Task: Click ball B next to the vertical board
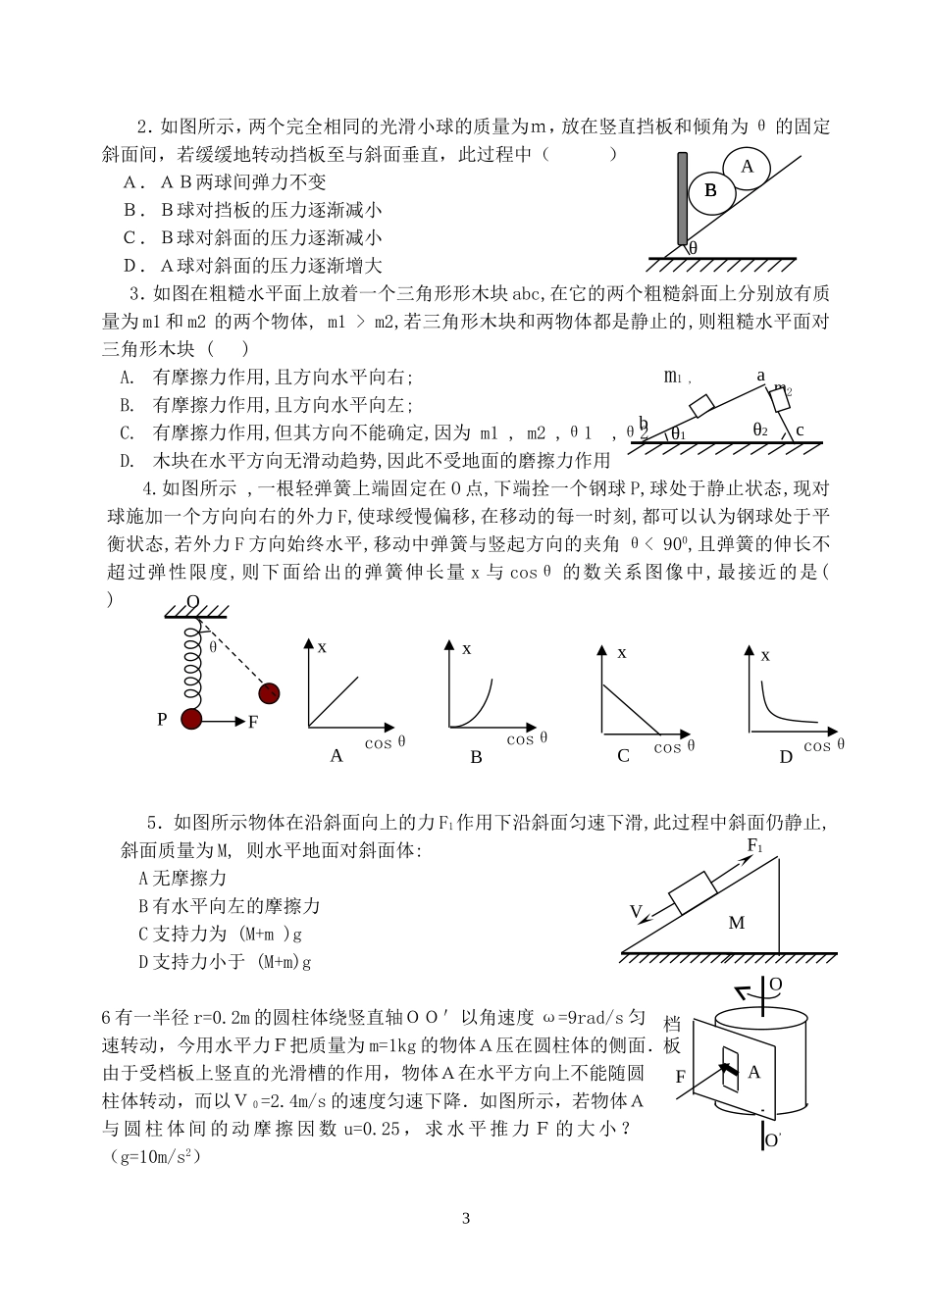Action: click(x=711, y=191)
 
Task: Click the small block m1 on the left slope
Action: click(x=701, y=406)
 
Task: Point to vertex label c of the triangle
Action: click(x=800, y=430)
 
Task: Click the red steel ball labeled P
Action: click(x=192, y=721)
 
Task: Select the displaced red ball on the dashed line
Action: click(x=270, y=693)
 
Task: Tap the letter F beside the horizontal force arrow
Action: click(x=252, y=722)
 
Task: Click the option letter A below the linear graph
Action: click(x=337, y=755)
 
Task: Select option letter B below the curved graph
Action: click(x=477, y=757)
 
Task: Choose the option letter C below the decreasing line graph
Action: click(x=623, y=755)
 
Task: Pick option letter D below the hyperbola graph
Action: click(x=785, y=756)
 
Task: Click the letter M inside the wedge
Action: click(x=737, y=923)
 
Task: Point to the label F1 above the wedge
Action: click(x=755, y=845)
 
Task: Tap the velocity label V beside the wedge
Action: click(x=636, y=912)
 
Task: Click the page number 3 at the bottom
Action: click(x=466, y=1219)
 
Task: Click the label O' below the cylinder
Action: click(x=773, y=1139)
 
